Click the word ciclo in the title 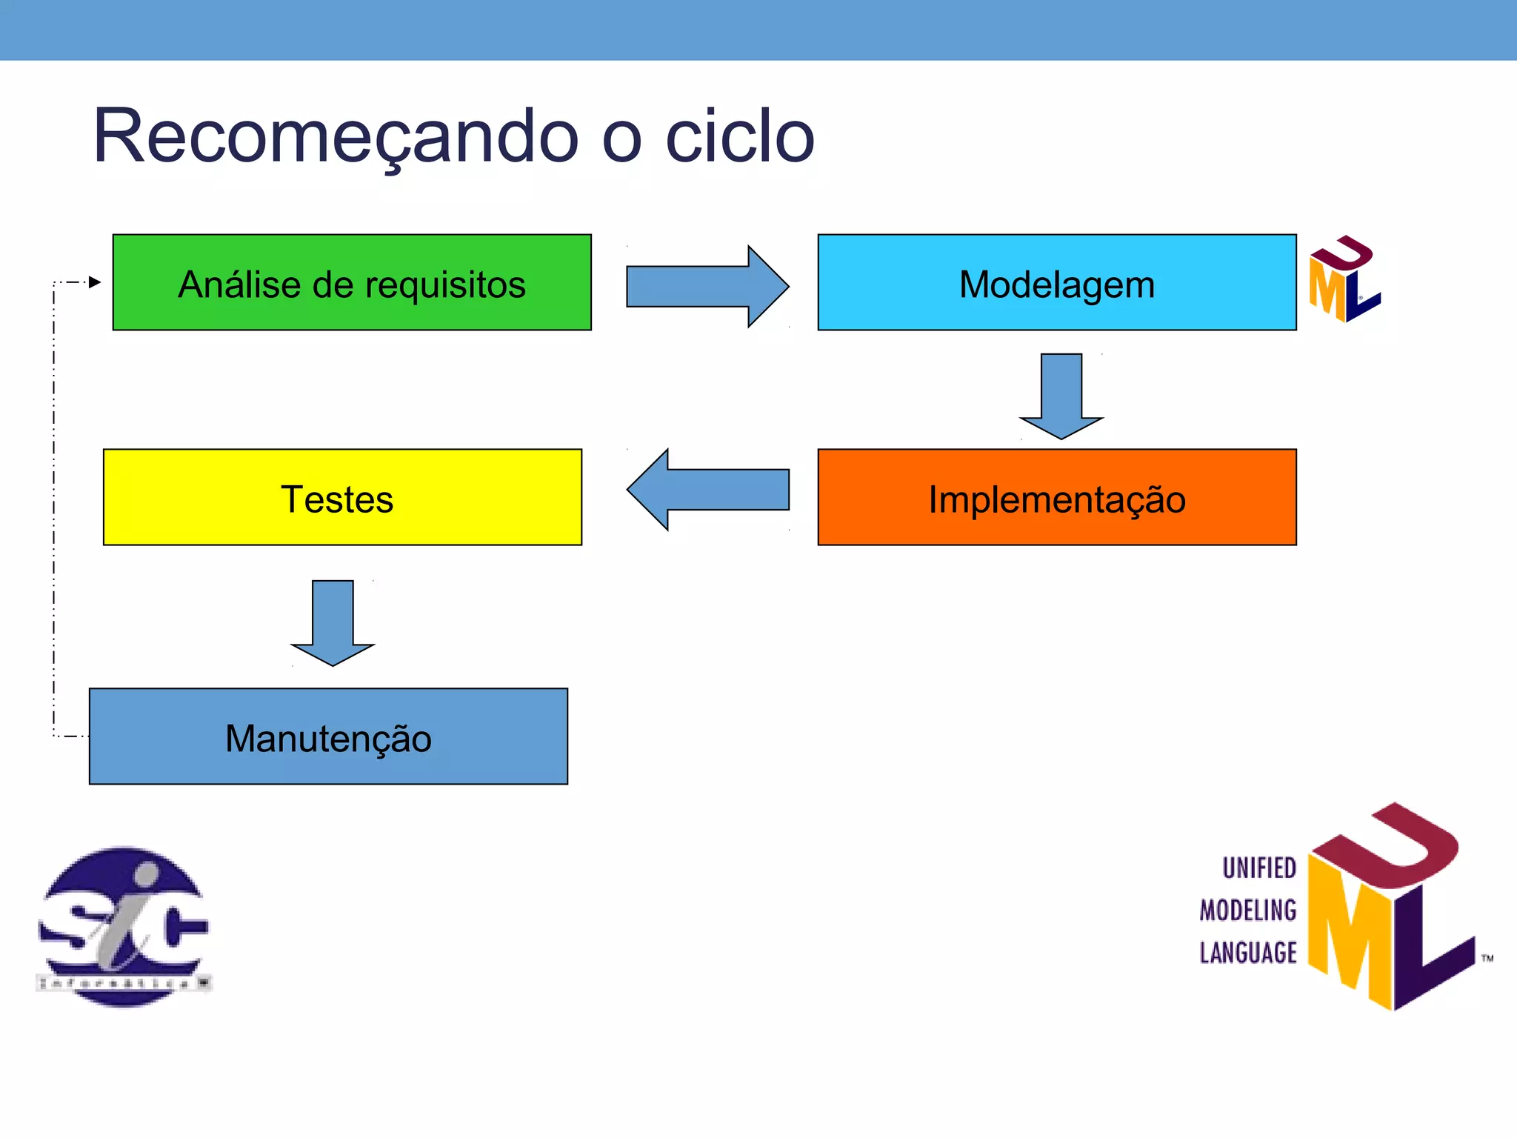click(740, 137)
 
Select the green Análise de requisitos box click(352, 282)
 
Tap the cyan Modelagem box click(1056, 282)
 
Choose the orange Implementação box click(1056, 497)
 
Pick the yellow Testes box click(342, 497)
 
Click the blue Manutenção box click(328, 736)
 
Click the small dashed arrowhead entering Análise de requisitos click(94, 282)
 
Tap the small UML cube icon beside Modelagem click(1343, 279)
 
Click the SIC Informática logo click(124, 926)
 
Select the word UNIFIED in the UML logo click(1258, 868)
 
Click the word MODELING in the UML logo click(1248, 911)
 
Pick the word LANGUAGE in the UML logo click(1248, 953)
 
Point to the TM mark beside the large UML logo click(1487, 959)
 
